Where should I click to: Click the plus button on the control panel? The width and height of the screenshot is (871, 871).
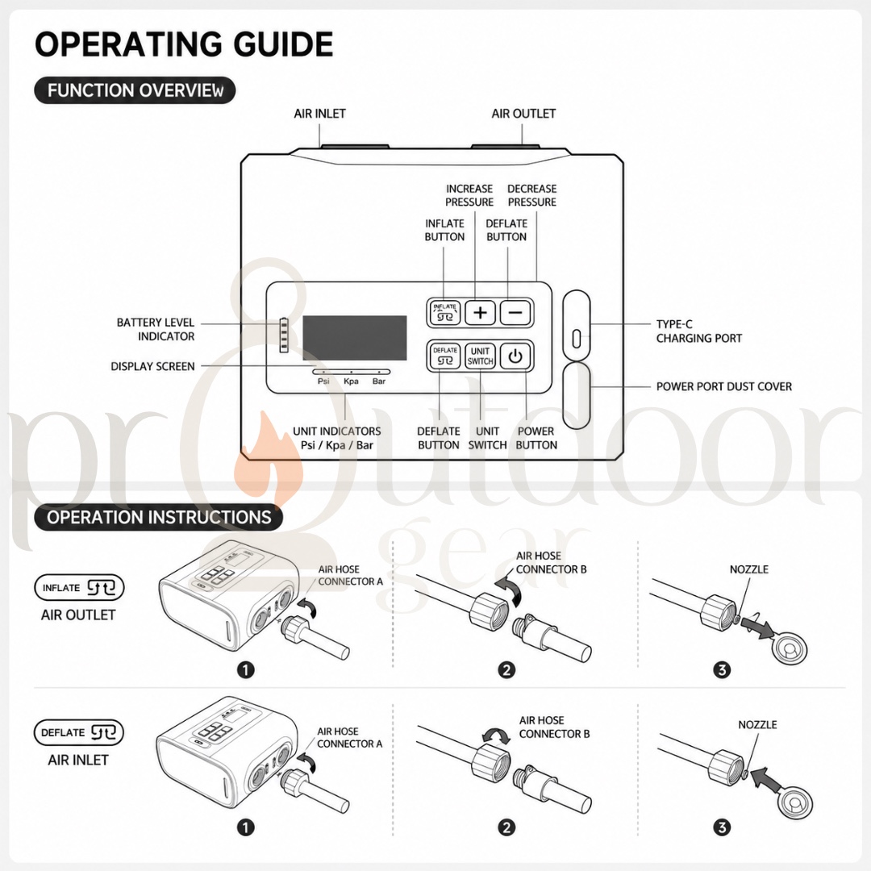[x=480, y=312]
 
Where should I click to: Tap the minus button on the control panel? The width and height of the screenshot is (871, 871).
[x=515, y=312]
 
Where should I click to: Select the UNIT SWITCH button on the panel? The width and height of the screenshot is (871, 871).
[x=480, y=356]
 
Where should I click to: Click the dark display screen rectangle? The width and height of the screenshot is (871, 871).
[x=354, y=338]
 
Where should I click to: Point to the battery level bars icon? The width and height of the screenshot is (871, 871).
[x=284, y=335]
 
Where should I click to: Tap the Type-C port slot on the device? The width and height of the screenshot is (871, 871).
[x=576, y=338]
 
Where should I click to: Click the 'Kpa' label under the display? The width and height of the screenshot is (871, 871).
[x=351, y=381]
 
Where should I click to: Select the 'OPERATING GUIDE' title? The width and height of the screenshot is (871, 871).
[x=184, y=44]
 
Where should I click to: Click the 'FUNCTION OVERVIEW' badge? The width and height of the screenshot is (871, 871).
[x=135, y=90]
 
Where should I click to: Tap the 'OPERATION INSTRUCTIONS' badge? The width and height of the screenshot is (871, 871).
[x=159, y=517]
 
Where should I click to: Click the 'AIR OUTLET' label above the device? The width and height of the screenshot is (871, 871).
[x=523, y=114]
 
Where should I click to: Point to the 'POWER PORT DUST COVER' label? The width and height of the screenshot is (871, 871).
[x=723, y=386]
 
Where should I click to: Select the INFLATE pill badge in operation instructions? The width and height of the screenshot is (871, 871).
[x=79, y=588]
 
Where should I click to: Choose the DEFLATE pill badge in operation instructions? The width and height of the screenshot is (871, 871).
[x=79, y=732]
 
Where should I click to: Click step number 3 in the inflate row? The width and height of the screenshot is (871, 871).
[x=722, y=670]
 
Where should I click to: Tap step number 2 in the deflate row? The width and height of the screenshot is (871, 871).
[x=506, y=827]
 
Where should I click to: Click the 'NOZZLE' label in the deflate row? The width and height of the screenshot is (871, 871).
[x=757, y=725]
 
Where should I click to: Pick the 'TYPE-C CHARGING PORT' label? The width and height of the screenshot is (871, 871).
[x=698, y=331]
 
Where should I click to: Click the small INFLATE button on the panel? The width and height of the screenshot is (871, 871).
[x=445, y=312]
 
